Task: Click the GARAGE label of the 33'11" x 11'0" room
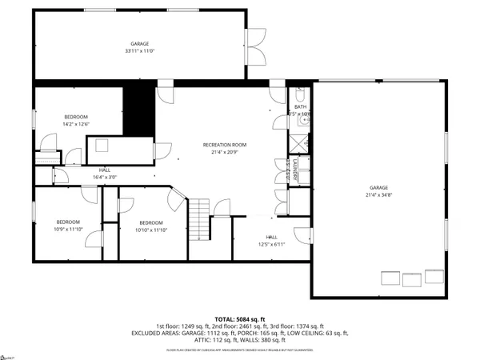click(x=140, y=44)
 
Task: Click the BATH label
click(x=300, y=106)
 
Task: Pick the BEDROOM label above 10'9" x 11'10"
click(x=67, y=222)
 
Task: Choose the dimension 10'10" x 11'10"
click(x=151, y=230)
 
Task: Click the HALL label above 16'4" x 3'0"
click(x=105, y=170)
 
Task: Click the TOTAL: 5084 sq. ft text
click(x=239, y=318)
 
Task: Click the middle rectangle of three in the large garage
click(x=412, y=278)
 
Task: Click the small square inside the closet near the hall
click(x=102, y=145)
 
